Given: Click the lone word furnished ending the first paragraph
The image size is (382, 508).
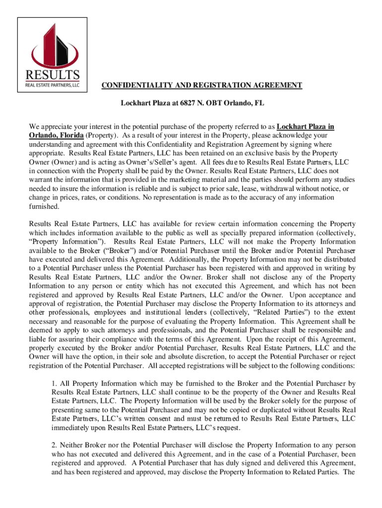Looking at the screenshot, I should (44, 206).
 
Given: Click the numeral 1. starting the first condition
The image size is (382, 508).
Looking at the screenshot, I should (54, 383).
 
